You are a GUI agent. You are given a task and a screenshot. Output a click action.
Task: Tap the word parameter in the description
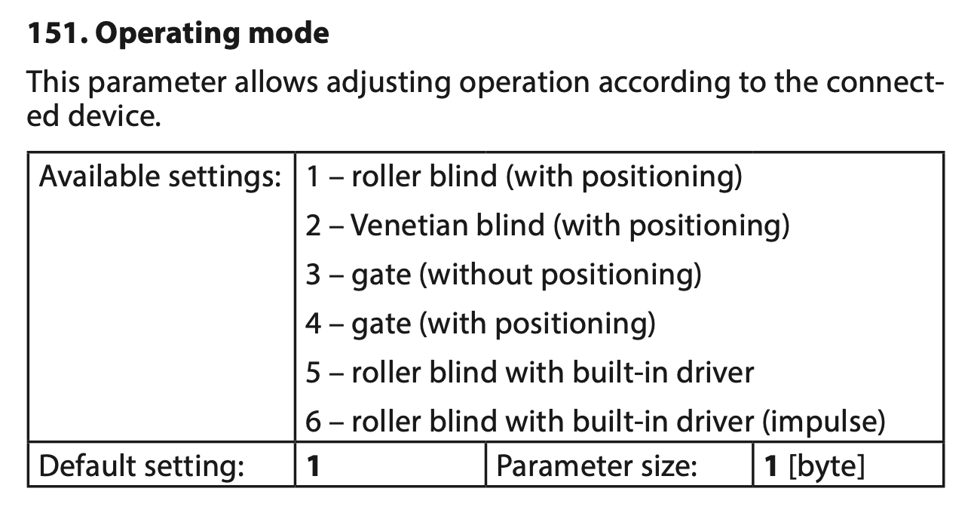tap(158, 83)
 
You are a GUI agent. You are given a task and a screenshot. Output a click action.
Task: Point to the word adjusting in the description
tap(388, 83)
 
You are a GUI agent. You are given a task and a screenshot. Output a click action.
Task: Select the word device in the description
tap(115, 116)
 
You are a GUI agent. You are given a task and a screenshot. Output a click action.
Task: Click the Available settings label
tap(160, 177)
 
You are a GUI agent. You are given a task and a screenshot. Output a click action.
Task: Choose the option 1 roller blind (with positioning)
tap(523, 177)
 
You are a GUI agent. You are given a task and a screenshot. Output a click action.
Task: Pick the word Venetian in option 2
tap(448, 226)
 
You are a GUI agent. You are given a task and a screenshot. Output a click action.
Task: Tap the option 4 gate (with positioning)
tap(480, 324)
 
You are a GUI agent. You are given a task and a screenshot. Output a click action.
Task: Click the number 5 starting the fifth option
tap(313, 373)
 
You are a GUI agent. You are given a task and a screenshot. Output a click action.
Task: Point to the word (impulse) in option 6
tap(823, 422)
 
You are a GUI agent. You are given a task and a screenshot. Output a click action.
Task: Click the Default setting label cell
tap(141, 465)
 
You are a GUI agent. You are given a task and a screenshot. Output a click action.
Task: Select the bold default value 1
tap(313, 466)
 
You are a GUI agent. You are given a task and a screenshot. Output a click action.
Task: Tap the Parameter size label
tap(596, 466)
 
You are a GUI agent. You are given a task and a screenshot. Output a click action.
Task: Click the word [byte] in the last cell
tap(826, 466)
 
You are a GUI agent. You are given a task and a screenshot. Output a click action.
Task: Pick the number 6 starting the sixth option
tap(313, 422)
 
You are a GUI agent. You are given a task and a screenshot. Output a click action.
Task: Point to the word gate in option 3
tap(381, 276)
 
